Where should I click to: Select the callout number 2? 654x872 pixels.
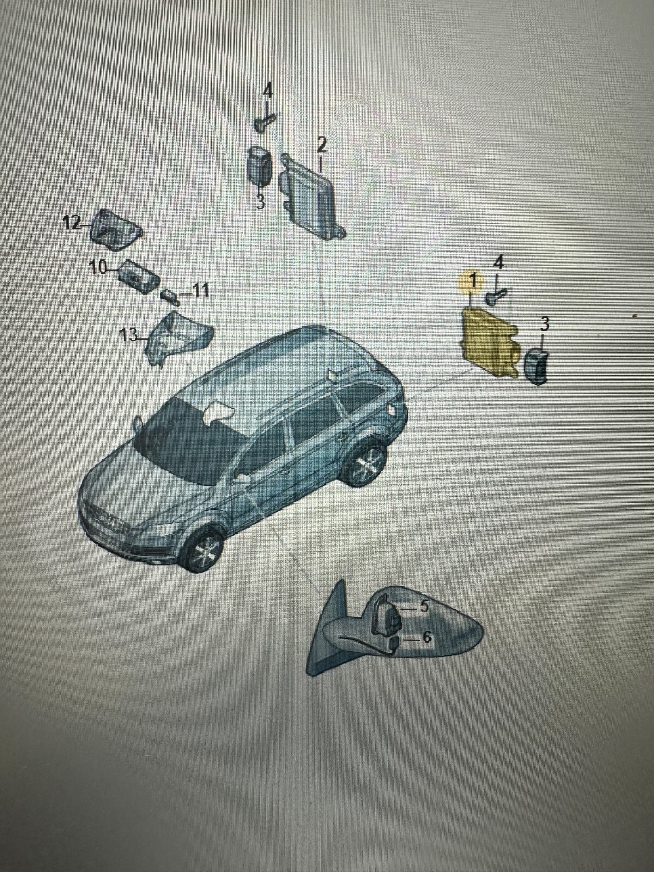(x=322, y=146)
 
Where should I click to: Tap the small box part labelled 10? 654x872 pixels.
(x=140, y=276)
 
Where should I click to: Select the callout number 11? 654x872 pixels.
(x=199, y=292)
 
